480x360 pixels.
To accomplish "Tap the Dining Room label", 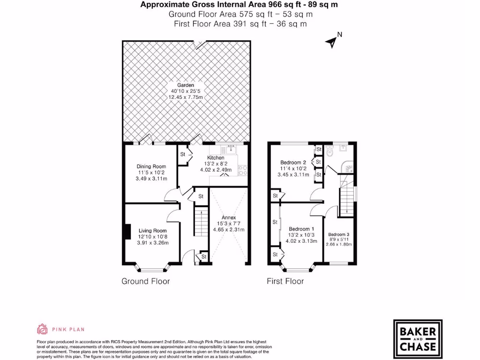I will click(x=151, y=166).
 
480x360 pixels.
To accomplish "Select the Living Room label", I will click(x=152, y=231).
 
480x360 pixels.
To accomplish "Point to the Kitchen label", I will click(x=216, y=158).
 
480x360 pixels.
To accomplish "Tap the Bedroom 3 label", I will click(x=338, y=234).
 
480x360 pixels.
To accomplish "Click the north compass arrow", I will click(x=332, y=42).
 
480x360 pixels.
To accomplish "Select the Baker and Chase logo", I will click(x=417, y=337).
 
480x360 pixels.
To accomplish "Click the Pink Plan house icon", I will click(x=43, y=329).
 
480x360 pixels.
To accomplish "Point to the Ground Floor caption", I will click(x=145, y=281).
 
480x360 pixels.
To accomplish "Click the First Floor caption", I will click(x=285, y=281).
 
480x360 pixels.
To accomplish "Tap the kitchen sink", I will click(x=231, y=150).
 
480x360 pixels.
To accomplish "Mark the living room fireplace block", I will click(x=127, y=232).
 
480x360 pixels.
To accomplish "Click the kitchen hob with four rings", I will click(x=243, y=170).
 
